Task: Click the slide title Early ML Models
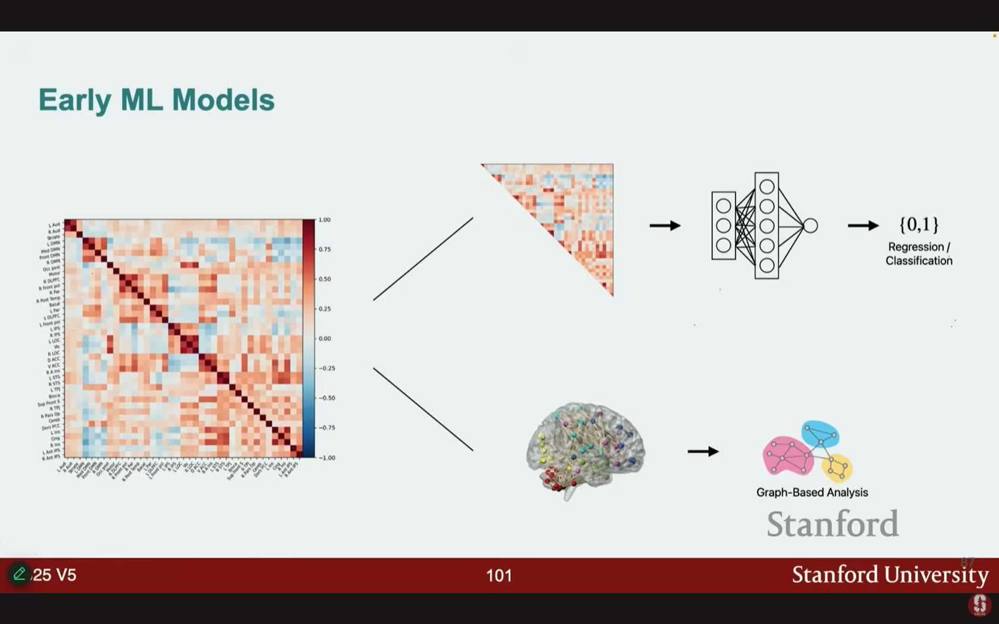click(x=156, y=100)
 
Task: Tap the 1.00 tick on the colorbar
click(x=324, y=220)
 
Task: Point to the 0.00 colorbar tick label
click(x=325, y=339)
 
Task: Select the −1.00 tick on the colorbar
click(x=326, y=458)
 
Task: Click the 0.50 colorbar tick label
click(x=325, y=279)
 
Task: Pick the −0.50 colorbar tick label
click(x=326, y=398)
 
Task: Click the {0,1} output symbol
click(x=919, y=225)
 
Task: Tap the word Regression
click(x=916, y=247)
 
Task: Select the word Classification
click(x=919, y=260)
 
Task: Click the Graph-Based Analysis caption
click(x=812, y=492)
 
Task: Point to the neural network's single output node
click(x=810, y=226)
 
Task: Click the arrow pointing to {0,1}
click(x=863, y=226)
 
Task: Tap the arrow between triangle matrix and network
click(x=665, y=226)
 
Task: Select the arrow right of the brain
click(x=703, y=452)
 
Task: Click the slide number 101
click(x=499, y=575)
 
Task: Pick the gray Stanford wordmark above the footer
click(x=832, y=524)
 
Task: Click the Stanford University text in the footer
click(x=890, y=575)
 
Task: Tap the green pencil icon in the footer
click(x=19, y=574)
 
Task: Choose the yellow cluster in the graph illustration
click(x=837, y=467)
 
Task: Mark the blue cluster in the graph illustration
click(x=821, y=434)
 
